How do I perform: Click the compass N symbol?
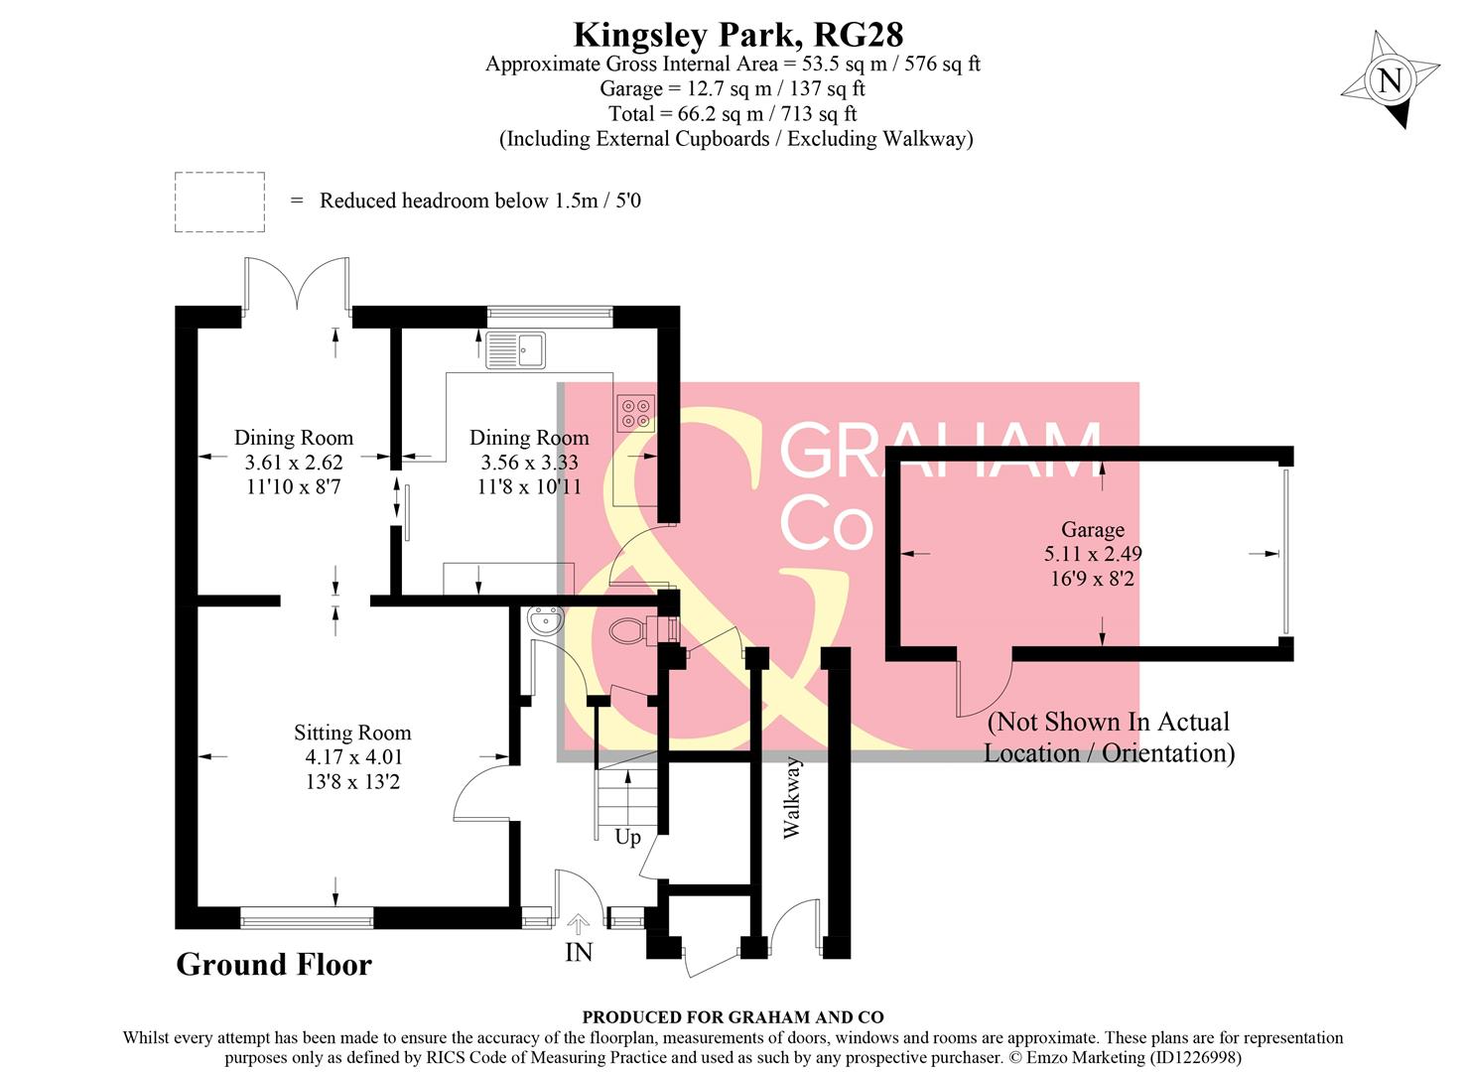(1391, 80)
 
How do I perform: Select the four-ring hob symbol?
(635, 414)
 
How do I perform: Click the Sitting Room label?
(352, 734)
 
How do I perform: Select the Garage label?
(1093, 530)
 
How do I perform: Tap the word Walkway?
(791, 798)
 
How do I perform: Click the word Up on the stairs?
(627, 838)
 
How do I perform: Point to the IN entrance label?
(579, 953)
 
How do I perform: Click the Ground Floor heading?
(274, 965)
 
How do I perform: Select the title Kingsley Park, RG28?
(738, 35)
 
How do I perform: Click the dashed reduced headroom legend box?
(219, 202)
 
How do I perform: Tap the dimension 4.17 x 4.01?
(353, 757)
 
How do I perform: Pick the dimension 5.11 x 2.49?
(1092, 554)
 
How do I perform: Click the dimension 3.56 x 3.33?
(529, 463)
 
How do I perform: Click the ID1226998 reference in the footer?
(1195, 1058)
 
